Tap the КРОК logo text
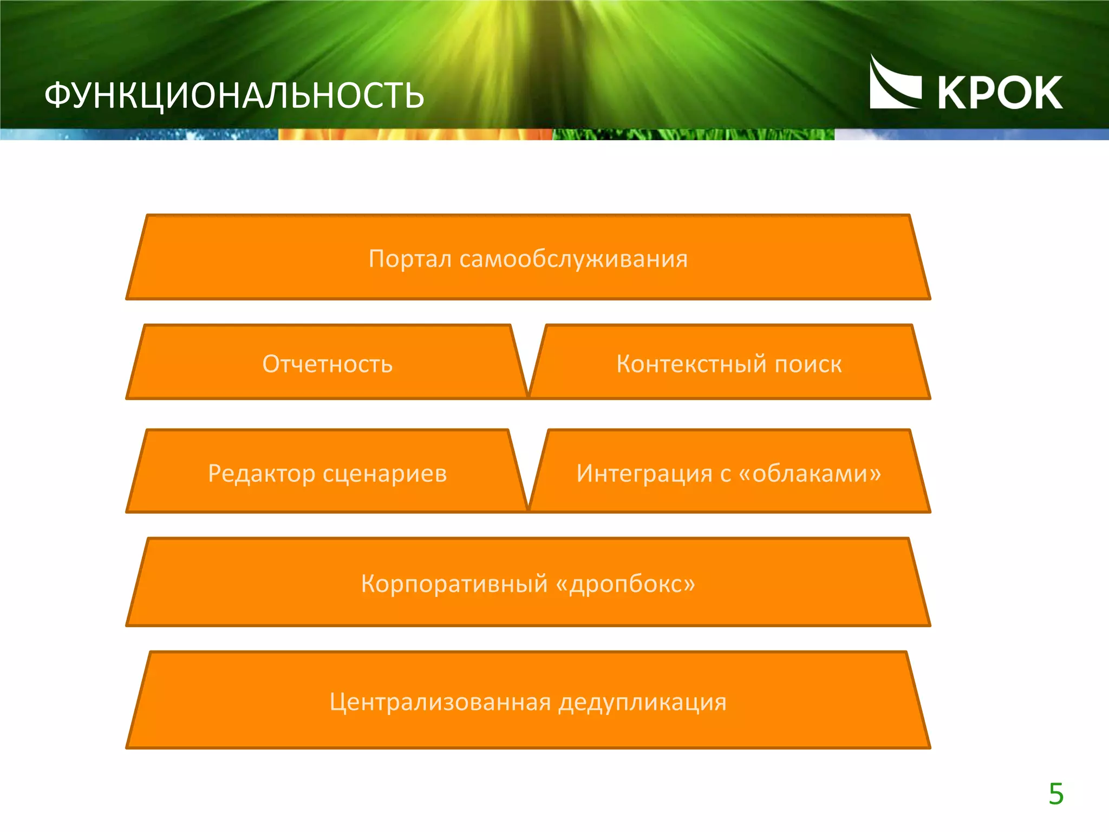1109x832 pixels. click(999, 93)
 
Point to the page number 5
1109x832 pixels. click(1055, 794)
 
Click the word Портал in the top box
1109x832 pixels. click(410, 259)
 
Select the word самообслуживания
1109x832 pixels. click(573, 259)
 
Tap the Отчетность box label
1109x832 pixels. click(327, 364)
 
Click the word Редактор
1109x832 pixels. click(262, 473)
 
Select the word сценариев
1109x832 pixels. click(385, 473)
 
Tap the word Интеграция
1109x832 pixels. click(644, 473)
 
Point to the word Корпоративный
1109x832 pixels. click(454, 584)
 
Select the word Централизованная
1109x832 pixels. click(440, 702)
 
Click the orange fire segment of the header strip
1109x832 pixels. click(415, 134)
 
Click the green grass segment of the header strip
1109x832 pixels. click(693, 134)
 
